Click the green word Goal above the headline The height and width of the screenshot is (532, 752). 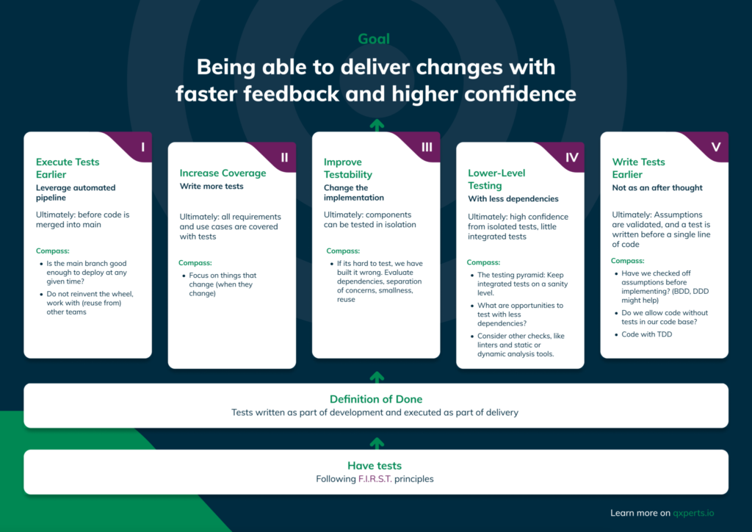pos(374,39)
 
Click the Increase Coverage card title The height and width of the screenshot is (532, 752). pos(223,173)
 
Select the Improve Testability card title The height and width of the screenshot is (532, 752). pos(347,168)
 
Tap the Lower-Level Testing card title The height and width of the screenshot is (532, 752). pos(496,179)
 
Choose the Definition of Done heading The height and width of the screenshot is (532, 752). pos(376,399)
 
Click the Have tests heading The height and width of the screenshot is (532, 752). pos(375,465)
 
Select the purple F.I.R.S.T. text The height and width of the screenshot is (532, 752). pos(375,479)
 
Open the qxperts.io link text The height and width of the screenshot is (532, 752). pos(693,513)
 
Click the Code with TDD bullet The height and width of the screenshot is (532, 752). pos(646,334)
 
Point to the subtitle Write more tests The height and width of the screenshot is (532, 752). pos(211,186)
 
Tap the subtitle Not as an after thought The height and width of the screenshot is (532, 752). pos(657,187)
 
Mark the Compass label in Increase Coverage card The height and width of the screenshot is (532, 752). pos(195,263)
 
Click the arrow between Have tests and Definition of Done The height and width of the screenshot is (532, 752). pos(377,443)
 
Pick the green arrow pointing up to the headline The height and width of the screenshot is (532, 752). pos(377,125)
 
